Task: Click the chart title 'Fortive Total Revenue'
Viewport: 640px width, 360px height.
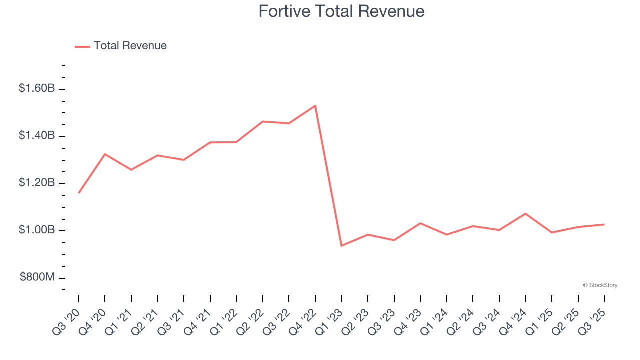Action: pos(341,11)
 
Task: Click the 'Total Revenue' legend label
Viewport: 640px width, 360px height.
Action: pos(130,46)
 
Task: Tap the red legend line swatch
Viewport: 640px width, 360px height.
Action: pos(82,46)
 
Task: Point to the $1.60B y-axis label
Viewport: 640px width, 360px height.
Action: pos(37,89)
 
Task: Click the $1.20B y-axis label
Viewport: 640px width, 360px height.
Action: pos(37,183)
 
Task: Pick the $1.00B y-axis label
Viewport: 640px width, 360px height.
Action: pos(37,230)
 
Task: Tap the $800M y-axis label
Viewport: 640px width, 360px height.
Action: pos(37,278)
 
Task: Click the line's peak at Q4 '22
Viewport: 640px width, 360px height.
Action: pos(315,106)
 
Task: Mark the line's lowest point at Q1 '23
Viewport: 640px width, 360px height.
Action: pos(341,246)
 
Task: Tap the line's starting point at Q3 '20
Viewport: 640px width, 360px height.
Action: pos(79,193)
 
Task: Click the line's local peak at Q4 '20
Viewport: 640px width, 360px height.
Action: pos(105,154)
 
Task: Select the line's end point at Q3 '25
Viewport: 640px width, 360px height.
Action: pos(604,224)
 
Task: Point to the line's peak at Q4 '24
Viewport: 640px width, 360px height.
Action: pos(525,214)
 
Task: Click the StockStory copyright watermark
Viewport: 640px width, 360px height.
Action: pos(600,285)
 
